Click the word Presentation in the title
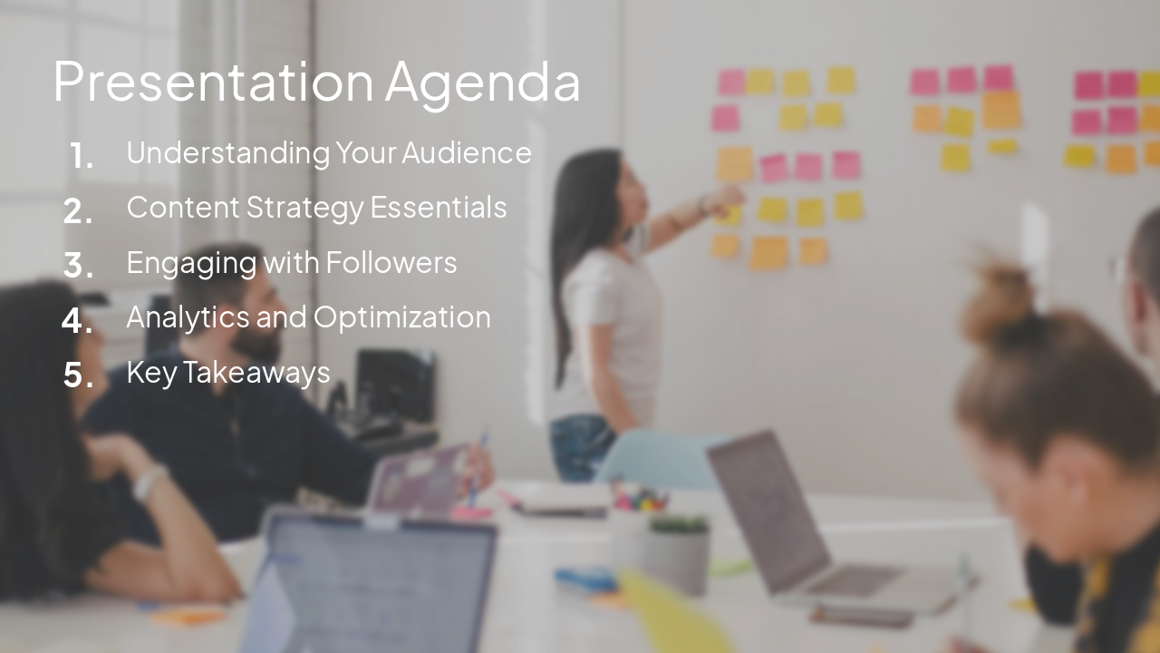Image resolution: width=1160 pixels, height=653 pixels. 213,82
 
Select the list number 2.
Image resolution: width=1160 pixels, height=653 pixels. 78,211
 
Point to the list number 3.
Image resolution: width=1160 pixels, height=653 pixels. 79,266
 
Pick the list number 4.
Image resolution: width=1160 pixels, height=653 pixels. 78,320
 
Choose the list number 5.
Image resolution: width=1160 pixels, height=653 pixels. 79,375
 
